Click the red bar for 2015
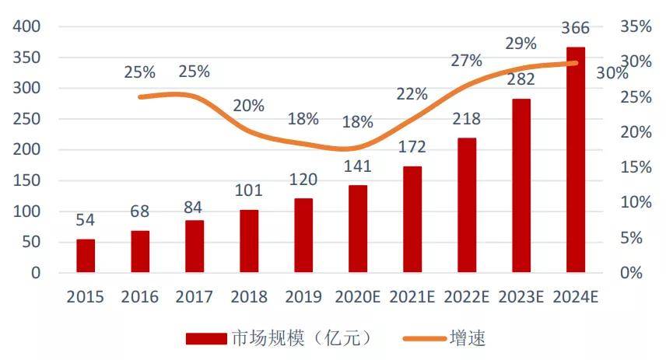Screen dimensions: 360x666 point(86,256)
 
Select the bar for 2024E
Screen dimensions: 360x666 point(576,160)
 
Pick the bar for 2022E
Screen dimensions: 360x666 point(467,205)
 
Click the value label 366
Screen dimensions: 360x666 point(576,28)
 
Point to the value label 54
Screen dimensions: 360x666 point(86,221)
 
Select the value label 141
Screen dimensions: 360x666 point(358,166)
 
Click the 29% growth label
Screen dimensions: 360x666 point(521,44)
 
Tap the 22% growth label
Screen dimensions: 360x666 point(412,94)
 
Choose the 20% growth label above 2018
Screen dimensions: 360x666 point(248,106)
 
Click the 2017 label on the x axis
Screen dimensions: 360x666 point(194,297)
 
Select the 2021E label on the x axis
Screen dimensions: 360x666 point(412,297)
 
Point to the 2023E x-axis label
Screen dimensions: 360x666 point(521,297)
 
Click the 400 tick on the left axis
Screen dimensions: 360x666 point(26,26)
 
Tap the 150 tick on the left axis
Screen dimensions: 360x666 point(26,180)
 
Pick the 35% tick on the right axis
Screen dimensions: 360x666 point(636,26)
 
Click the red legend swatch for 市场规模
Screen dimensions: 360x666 point(207,338)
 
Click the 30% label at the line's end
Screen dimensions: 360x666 point(612,74)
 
